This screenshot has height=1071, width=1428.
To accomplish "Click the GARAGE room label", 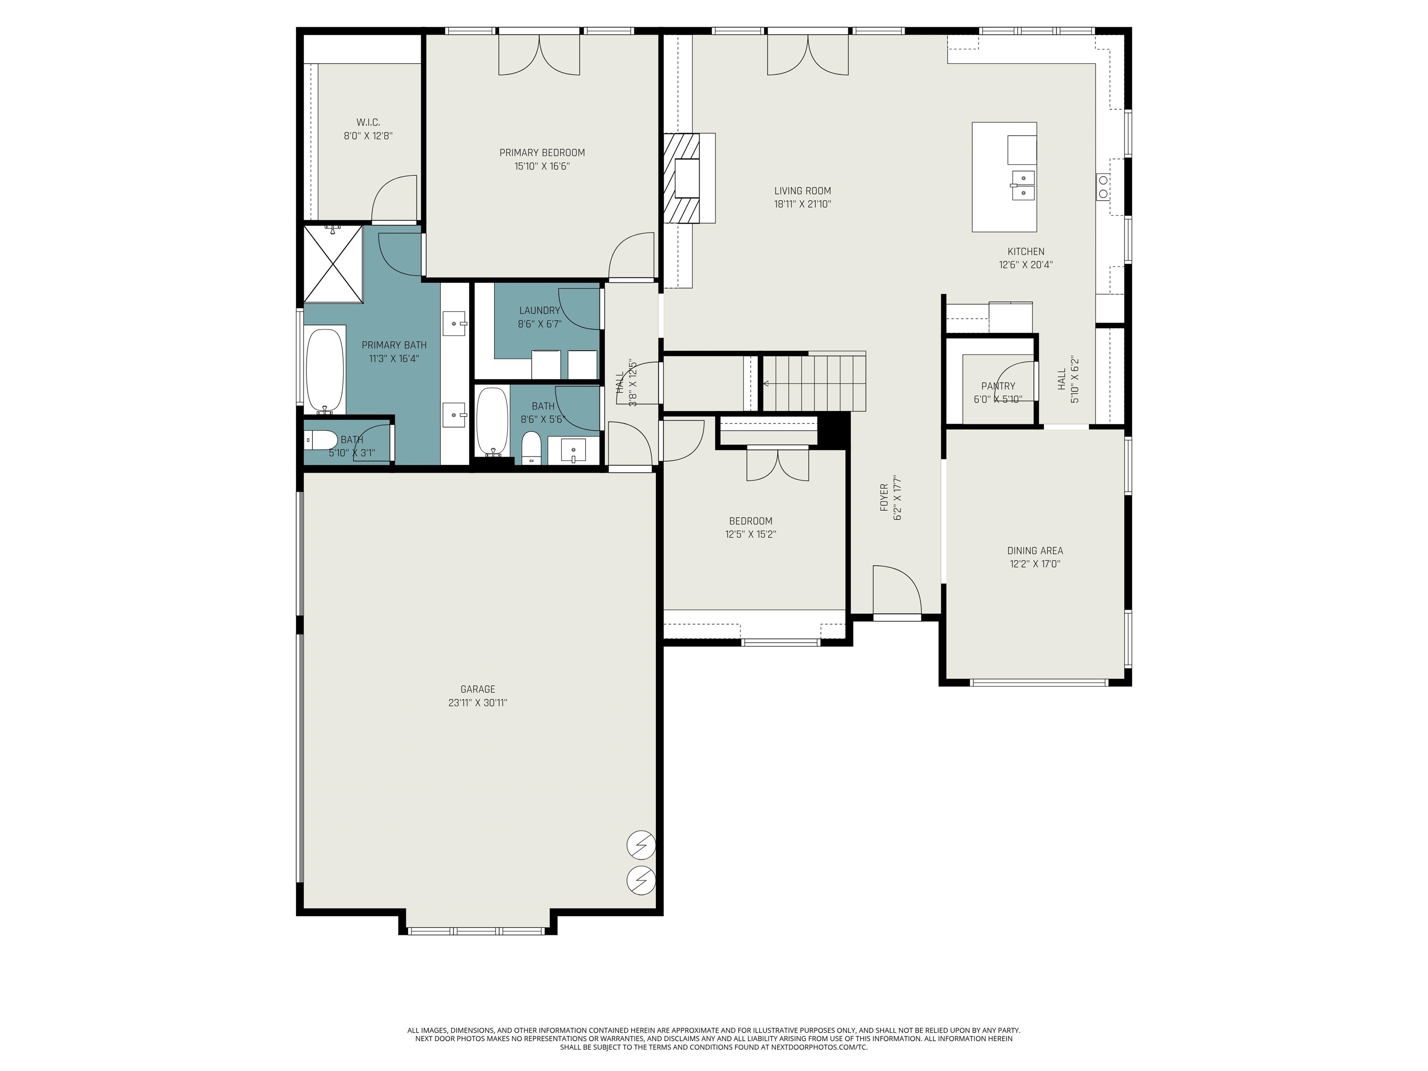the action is coord(478,689).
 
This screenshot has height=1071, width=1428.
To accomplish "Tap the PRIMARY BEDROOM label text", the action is coord(542,152).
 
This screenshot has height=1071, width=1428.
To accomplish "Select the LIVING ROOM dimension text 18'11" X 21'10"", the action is coord(802,204).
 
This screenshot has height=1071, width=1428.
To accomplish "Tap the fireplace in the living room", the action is coord(689,178).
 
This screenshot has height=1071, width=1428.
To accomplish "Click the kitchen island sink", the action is coord(1023,185).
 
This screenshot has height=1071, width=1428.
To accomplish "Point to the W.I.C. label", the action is coord(368,122).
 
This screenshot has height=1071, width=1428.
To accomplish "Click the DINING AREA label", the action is coord(1035,551).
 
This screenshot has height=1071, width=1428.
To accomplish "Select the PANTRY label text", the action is coord(998,386).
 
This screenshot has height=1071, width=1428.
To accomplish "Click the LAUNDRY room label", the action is coord(539,311).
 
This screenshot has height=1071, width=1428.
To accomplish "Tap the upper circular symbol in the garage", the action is coord(641,845).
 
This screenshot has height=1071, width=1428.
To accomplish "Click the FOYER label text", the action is coord(884,498).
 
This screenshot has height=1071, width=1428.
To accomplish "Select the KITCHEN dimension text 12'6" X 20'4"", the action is coord(1026,264).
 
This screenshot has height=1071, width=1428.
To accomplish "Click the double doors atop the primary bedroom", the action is coord(539,55).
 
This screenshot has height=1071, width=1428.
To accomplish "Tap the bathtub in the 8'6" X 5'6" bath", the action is coord(493,422).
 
